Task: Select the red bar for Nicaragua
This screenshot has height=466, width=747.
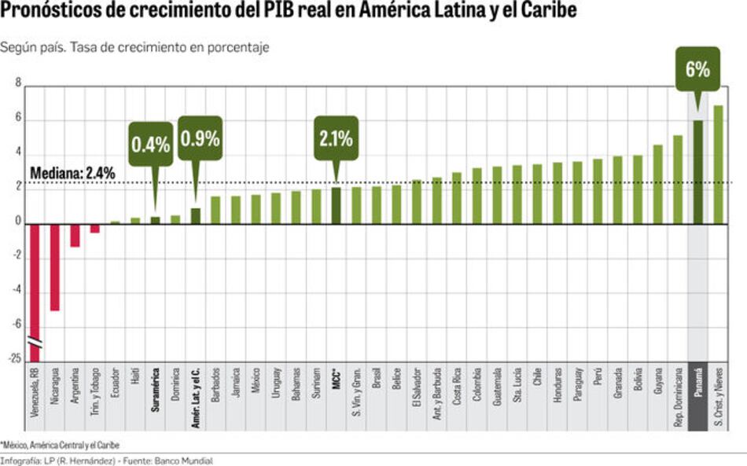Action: pos(55,266)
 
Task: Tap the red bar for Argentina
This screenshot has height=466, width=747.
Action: pos(75,235)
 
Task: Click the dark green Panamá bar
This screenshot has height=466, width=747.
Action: pos(697,172)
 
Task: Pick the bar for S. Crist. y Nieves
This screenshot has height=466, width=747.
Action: pos(718,164)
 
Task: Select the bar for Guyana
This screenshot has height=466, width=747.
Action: pos(657,184)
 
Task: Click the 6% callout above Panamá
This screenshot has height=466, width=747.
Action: pos(697,69)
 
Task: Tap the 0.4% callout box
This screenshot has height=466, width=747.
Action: pos(151,144)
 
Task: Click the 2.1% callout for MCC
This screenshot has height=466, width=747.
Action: pos(336,138)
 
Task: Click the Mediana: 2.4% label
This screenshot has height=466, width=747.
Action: pos(72,172)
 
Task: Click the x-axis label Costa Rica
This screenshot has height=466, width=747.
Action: pos(456,388)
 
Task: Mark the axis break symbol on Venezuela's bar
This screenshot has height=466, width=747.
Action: pos(35,343)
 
